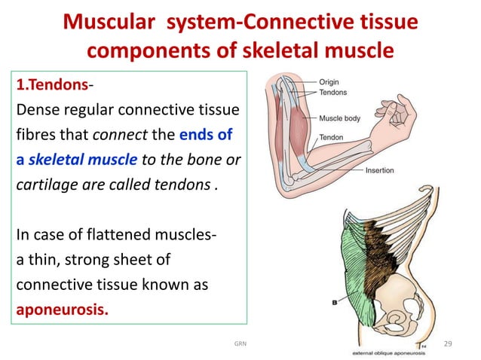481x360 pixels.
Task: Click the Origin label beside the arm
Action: point(334,81)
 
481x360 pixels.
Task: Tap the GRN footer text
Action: point(240,344)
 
